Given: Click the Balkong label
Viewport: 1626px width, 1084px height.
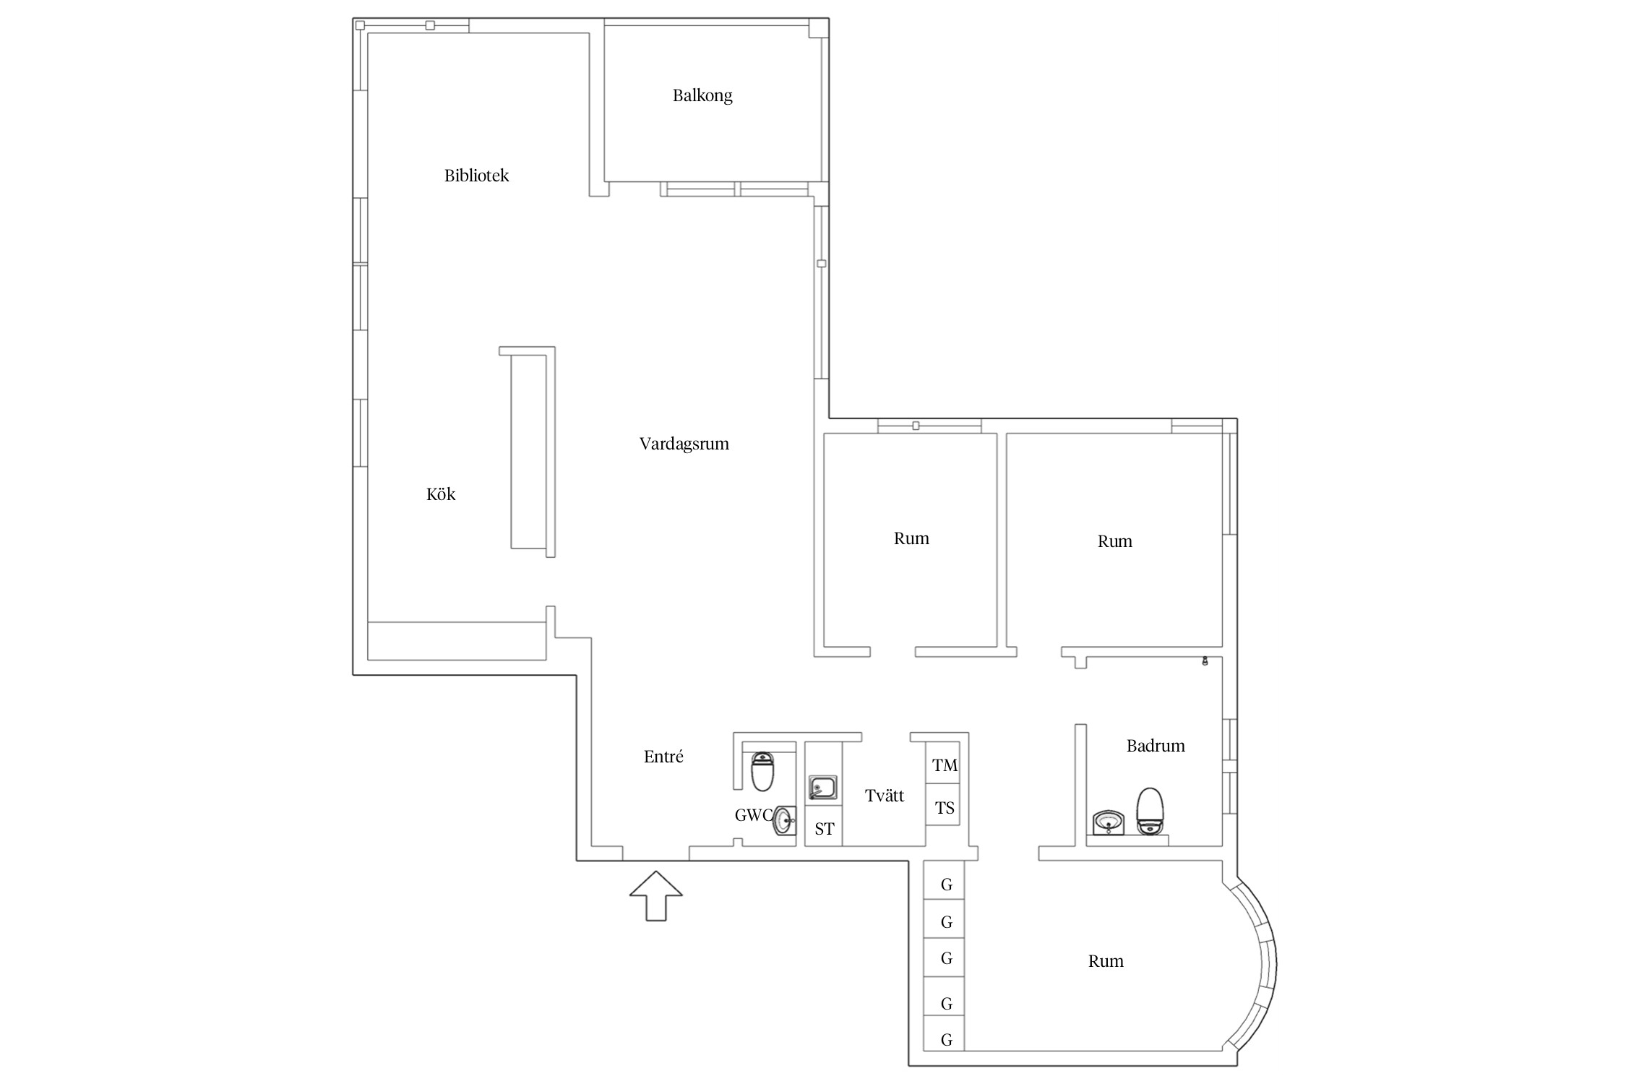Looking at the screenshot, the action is pos(702,95).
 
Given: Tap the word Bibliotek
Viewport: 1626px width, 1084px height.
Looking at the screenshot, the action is pos(476,176).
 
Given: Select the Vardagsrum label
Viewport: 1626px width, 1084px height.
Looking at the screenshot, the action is pos(684,444).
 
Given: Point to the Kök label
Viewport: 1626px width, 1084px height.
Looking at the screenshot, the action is pos(441,494).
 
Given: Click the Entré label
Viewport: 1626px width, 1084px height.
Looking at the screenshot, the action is pos(663,757).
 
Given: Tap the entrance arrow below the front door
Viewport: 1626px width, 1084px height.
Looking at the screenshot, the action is pos(655,895).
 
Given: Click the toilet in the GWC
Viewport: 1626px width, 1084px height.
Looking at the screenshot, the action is pos(762,772).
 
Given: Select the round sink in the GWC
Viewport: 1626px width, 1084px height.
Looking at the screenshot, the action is pos(784,820).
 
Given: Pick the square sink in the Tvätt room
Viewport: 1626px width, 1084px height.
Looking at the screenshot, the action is pos(822,788).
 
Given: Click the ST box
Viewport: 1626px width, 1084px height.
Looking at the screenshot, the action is pos(824,829).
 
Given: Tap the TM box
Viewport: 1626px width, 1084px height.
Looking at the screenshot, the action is pos(944,765).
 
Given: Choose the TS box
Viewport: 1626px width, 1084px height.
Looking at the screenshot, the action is pos(944,808).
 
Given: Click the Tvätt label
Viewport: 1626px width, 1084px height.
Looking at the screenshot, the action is pos(885,796).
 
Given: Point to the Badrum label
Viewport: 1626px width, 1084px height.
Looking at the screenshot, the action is pos(1156,746).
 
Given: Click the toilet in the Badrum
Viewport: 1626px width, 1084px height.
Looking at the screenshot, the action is pos(1150,811).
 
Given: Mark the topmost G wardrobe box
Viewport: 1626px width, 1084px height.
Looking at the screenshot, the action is pos(945,881).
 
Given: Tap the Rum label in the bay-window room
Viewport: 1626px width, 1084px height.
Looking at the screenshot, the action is pos(1106,961).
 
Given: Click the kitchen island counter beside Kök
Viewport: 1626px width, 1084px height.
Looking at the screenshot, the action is pos(528,452).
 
